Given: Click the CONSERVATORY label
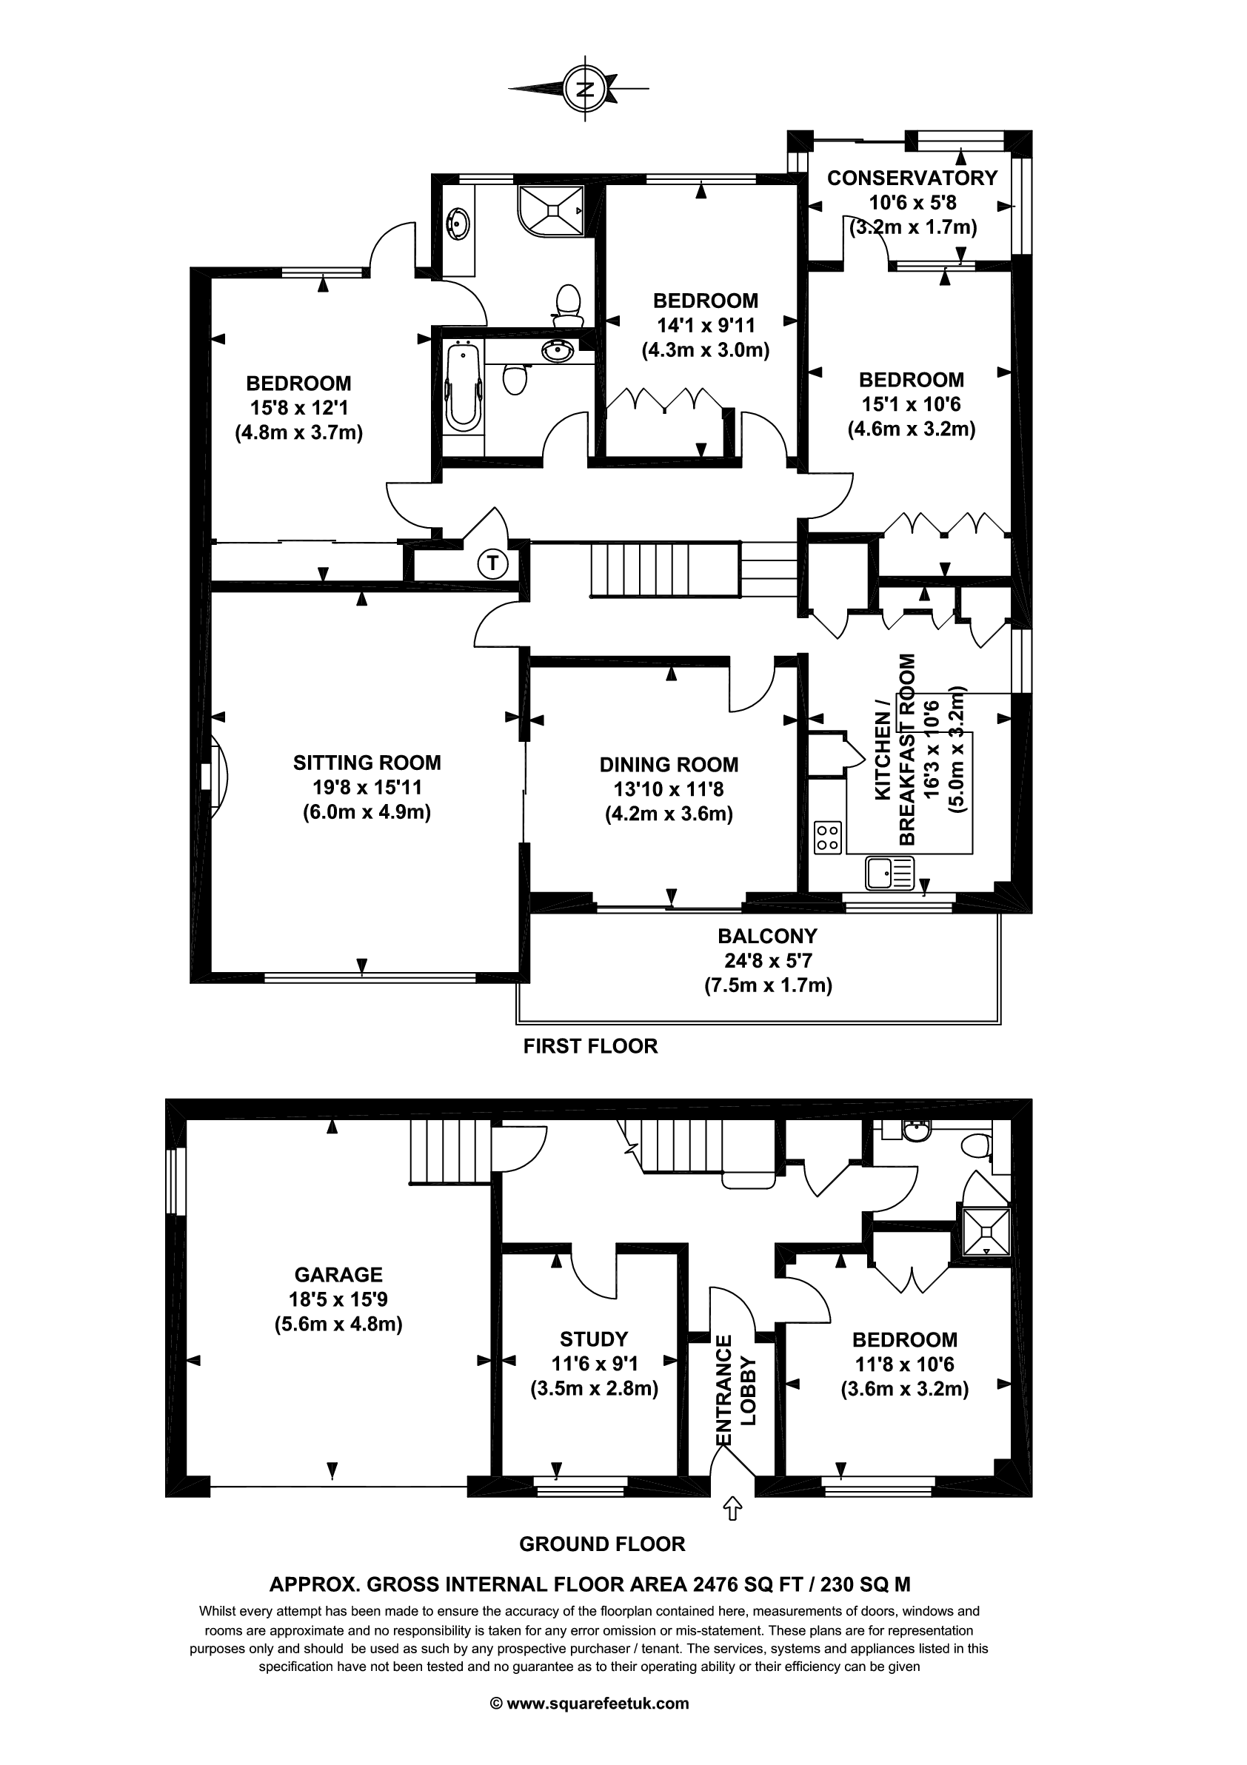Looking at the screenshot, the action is point(912,178).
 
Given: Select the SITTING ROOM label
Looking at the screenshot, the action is point(367,763).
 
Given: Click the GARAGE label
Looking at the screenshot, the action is point(338,1275).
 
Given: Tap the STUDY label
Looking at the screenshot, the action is point(594,1339).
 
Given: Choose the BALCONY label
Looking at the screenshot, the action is point(767,936).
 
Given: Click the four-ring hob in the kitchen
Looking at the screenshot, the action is point(827,837).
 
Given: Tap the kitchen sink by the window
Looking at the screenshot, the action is point(889,874).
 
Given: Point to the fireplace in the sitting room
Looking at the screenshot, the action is point(214,776).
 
